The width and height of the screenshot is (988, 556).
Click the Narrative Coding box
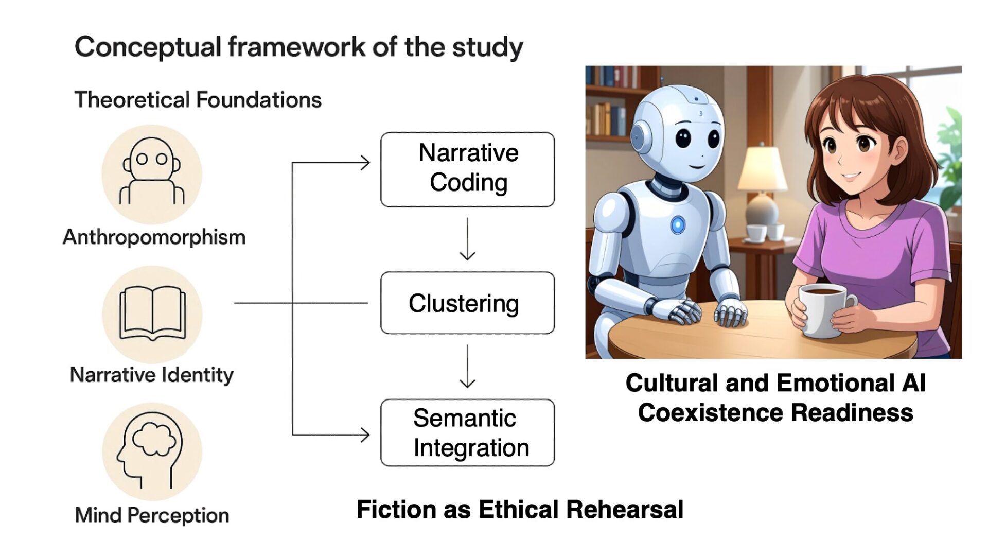[467, 169]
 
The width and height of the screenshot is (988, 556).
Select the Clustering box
[467, 303]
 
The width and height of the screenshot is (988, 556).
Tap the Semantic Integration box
[467, 432]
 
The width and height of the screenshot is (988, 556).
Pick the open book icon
[152, 314]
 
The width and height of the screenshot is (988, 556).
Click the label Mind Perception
[152, 515]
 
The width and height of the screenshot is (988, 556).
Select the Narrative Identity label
[152, 375]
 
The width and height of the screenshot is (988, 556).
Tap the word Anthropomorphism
[154, 237]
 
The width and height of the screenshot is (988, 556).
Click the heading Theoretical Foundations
[198, 100]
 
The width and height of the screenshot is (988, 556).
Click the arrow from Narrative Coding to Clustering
[467, 239]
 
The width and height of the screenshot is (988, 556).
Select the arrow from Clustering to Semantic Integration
[467, 366]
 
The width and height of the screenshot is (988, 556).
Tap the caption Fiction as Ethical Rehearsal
[520, 510]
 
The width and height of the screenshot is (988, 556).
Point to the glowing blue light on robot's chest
[678, 224]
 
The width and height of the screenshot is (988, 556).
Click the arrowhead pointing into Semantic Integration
[365, 435]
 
